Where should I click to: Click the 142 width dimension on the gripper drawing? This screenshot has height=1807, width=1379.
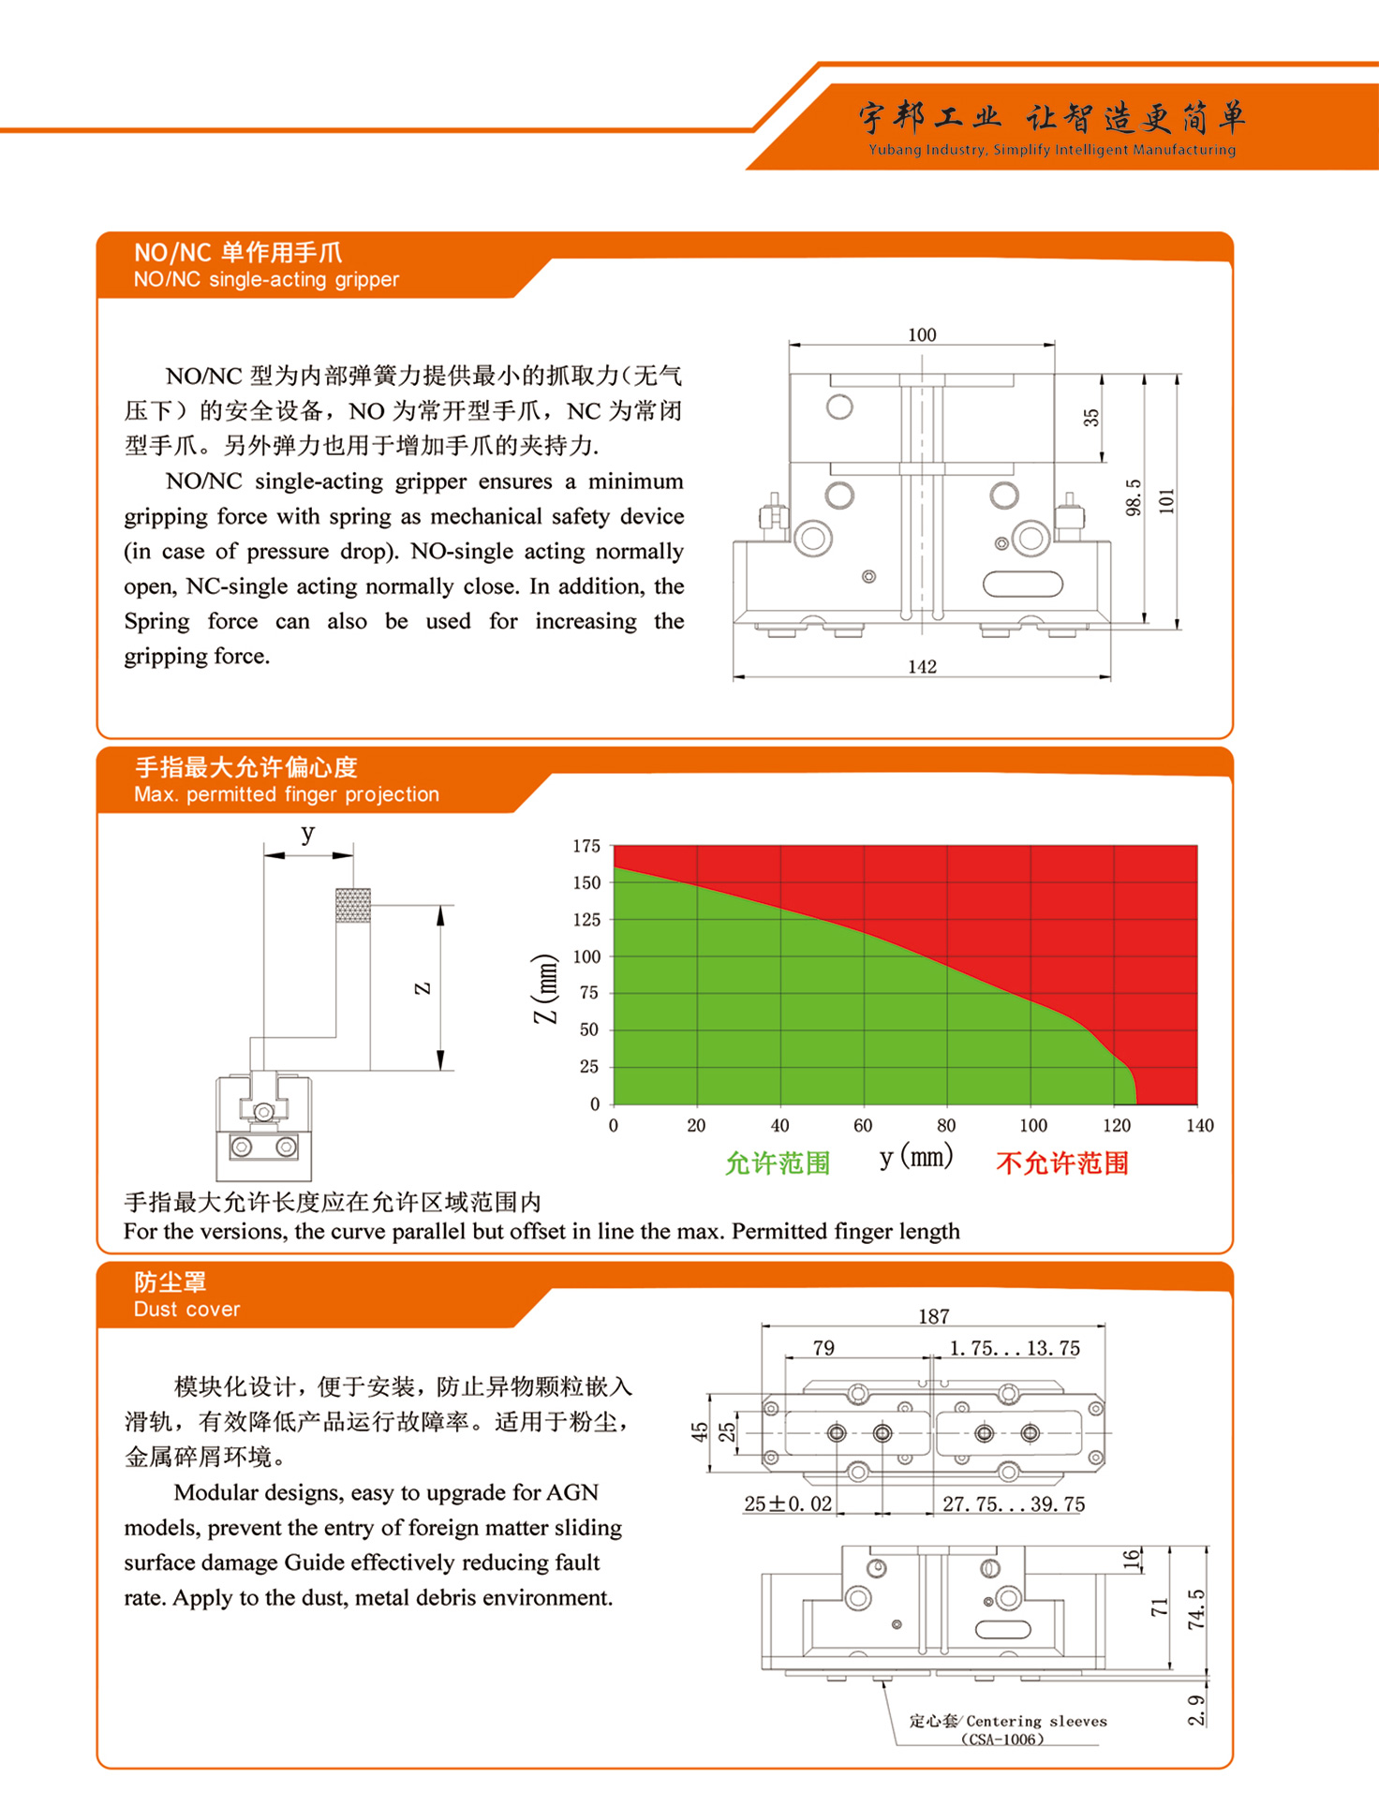coord(922,666)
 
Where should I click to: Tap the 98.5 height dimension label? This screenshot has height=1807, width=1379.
coord(1134,497)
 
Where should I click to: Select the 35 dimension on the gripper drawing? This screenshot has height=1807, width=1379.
coord(1091,418)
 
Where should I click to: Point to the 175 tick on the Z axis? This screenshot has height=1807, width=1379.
coord(586,846)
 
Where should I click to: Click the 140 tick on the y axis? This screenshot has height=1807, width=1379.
coord(1200,1125)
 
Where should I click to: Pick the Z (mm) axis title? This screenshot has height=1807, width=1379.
coord(545,989)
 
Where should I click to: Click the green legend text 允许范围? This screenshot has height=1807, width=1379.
coord(778,1163)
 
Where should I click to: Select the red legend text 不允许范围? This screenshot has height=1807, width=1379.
coord(1062,1163)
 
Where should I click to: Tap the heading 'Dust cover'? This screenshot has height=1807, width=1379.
coord(186,1309)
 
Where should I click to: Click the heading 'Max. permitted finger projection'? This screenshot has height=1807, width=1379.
coord(286,794)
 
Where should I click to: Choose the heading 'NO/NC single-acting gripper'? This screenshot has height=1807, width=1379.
coord(266,279)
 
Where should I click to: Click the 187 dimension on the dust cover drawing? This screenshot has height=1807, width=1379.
coord(934,1316)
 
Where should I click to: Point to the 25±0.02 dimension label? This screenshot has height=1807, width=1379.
coord(788,1503)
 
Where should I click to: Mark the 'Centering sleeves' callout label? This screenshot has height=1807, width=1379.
coord(1036,1721)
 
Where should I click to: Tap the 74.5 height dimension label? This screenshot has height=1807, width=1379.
coord(1196,1609)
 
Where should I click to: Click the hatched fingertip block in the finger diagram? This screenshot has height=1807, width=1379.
coord(353,906)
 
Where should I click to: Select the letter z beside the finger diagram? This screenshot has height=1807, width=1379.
coord(423,987)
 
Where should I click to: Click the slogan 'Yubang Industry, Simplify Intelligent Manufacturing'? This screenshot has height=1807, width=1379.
coord(1052,150)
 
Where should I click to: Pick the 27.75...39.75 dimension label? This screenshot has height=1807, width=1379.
coord(1014,1503)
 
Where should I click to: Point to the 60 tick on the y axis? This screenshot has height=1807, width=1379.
coord(863,1125)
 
